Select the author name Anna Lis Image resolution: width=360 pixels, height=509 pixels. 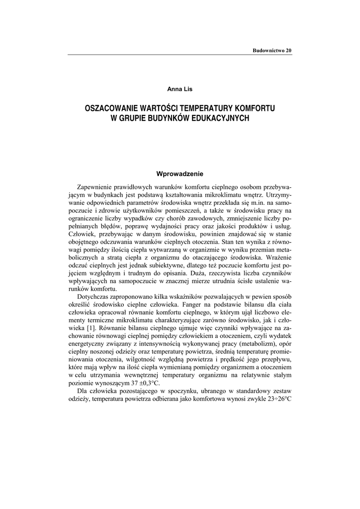pyautogui.click(x=180, y=89)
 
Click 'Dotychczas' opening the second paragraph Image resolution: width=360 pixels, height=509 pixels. pyautogui.click(x=94, y=297)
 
